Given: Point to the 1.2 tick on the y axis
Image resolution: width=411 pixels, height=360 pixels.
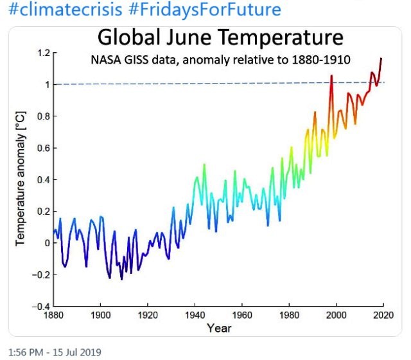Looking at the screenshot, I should pyautogui.click(x=43, y=53).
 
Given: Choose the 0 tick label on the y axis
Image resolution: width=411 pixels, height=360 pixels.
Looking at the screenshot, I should pyautogui.click(x=46, y=243).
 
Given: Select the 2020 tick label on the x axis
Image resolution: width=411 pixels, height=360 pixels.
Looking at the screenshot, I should pyautogui.click(x=383, y=316).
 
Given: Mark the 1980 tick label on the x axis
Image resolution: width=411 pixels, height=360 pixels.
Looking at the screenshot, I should pyautogui.click(x=289, y=316).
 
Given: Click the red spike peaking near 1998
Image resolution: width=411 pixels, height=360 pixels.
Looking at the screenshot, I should pyautogui.click(x=331, y=77).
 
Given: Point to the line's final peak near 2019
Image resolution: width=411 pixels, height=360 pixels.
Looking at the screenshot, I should pyautogui.click(x=381, y=59).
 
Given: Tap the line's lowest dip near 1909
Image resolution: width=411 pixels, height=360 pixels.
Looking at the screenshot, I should pyautogui.click(x=121, y=278).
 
